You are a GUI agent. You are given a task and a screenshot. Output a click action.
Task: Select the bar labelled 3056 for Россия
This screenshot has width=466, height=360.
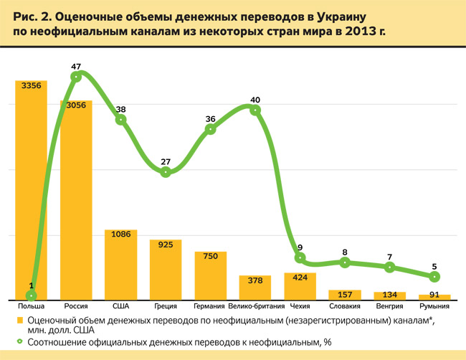[76, 208]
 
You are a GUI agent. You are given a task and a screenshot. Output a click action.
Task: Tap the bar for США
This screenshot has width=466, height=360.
[120, 265]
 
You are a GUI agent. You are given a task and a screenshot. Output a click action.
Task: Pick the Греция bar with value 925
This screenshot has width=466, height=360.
[166, 273]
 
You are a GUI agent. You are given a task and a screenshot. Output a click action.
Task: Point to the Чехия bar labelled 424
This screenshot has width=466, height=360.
[300, 288]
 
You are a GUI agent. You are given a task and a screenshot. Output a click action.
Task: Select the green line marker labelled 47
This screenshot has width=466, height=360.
[76, 75]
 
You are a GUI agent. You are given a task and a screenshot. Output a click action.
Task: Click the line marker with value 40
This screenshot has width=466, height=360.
[255, 110]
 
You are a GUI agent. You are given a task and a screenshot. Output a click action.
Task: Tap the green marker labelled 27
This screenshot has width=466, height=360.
[166, 172]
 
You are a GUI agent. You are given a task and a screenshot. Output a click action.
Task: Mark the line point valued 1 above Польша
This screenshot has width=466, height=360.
[31, 295]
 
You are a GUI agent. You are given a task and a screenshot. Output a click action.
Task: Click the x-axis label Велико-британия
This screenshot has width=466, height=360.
[255, 306]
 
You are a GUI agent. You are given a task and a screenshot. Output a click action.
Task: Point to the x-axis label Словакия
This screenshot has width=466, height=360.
[345, 306]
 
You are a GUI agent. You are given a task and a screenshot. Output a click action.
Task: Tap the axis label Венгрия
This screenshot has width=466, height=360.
[389, 306]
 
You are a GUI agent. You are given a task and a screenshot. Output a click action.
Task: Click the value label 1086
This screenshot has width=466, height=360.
[120, 235]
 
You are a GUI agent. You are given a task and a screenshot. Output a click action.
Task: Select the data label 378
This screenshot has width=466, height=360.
[255, 280]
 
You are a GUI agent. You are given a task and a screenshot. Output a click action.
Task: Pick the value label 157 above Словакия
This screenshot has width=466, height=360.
[345, 294]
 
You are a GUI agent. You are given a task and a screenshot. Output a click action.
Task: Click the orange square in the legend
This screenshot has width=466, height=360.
[21, 321]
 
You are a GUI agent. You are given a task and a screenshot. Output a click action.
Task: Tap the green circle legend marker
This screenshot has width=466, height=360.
[21, 342]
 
